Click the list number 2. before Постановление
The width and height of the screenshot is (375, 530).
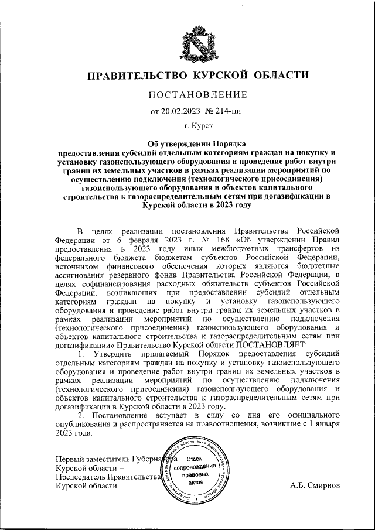pos(80,415)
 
